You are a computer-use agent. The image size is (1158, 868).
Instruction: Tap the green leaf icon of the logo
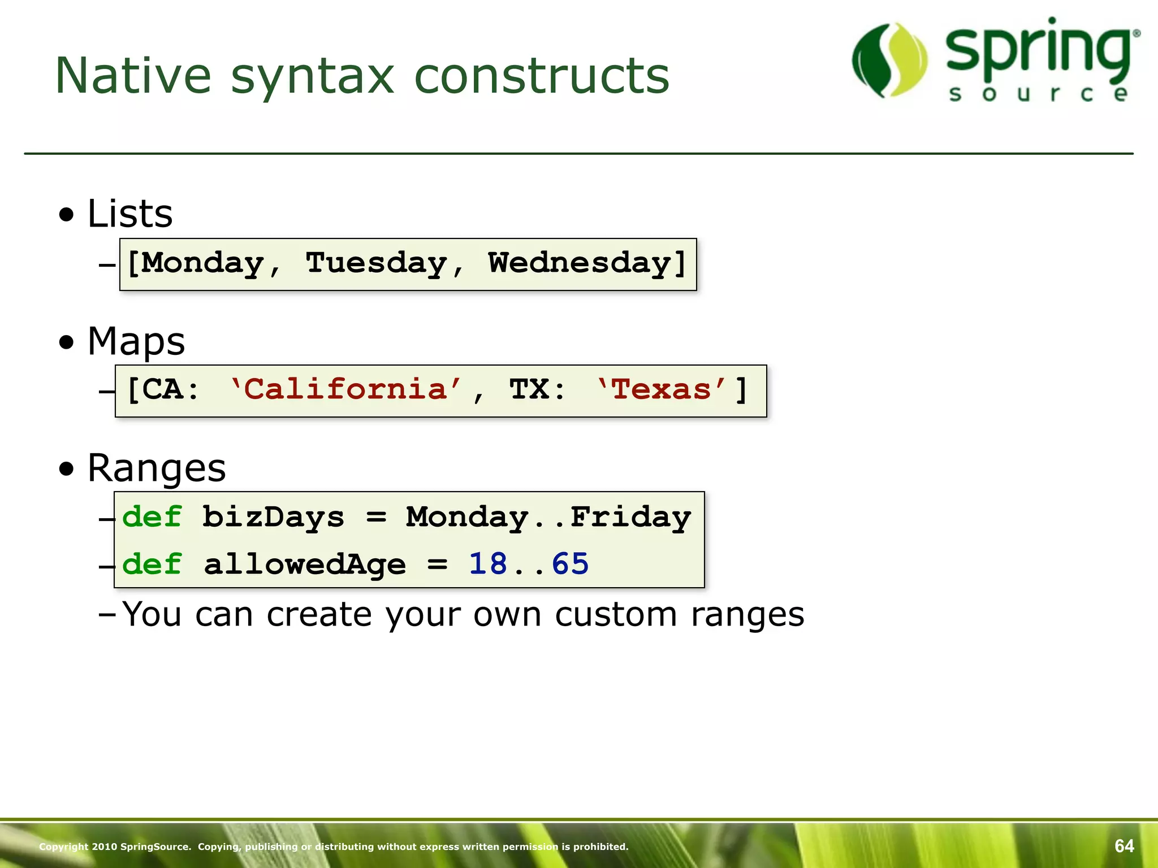pyautogui.click(x=890, y=60)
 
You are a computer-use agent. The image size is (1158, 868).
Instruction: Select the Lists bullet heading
pyautogui.click(x=129, y=214)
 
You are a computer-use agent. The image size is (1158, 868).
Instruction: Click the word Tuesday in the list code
pyautogui.click(x=377, y=263)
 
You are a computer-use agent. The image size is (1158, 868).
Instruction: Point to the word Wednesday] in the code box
pyautogui.click(x=587, y=263)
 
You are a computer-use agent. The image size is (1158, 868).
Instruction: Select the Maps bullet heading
pyautogui.click(x=136, y=341)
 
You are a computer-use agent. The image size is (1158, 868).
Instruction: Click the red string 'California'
pyautogui.click(x=345, y=389)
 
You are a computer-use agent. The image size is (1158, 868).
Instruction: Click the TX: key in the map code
pyautogui.click(x=537, y=389)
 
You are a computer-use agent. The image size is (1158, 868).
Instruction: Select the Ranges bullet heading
pyautogui.click(x=156, y=468)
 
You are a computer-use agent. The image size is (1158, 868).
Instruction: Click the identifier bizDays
pyautogui.click(x=273, y=517)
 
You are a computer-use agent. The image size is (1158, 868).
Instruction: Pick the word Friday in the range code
pyautogui.click(x=630, y=517)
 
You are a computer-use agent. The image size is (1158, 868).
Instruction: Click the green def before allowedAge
pyautogui.click(x=152, y=564)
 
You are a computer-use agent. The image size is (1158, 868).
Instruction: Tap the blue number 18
pyautogui.click(x=488, y=564)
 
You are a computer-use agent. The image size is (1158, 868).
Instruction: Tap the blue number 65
pyautogui.click(x=570, y=564)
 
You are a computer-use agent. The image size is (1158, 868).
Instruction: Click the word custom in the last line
pyautogui.click(x=616, y=614)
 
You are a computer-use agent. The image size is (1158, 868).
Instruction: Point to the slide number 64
pyautogui.click(x=1124, y=846)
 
